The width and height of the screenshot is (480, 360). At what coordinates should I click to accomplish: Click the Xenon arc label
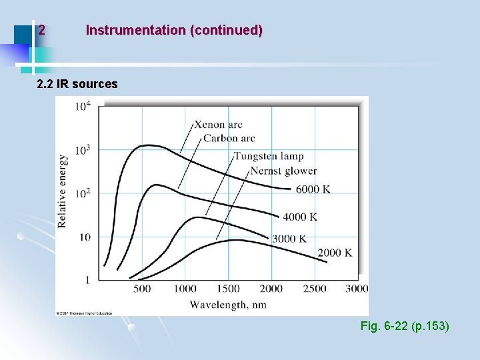pyautogui.click(x=219, y=125)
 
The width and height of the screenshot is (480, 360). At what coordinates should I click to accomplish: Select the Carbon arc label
pyautogui.click(x=229, y=139)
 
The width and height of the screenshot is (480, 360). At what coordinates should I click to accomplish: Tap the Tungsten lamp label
pyautogui.click(x=269, y=157)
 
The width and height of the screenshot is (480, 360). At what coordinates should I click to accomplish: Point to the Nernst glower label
pyautogui.click(x=283, y=171)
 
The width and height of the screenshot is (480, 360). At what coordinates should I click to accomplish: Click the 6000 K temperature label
pyautogui.click(x=313, y=189)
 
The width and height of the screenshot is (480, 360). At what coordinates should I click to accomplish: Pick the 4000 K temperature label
pyautogui.click(x=299, y=217)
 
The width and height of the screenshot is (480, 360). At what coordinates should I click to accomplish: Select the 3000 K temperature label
pyautogui.click(x=289, y=238)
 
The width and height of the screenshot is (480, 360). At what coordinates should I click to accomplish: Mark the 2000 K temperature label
pyautogui.click(x=334, y=253)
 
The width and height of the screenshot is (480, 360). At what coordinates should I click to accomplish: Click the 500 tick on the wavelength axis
pyautogui.click(x=142, y=289)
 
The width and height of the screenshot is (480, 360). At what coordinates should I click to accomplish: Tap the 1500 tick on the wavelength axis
pyautogui.click(x=228, y=289)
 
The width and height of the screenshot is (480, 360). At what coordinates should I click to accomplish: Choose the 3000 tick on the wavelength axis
pyautogui.click(x=357, y=289)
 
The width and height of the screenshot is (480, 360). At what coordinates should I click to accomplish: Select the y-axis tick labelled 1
pyautogui.click(x=87, y=280)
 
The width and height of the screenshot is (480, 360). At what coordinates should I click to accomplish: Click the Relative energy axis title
pyautogui.click(x=63, y=191)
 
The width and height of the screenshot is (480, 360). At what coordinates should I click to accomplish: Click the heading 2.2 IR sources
pyautogui.click(x=77, y=84)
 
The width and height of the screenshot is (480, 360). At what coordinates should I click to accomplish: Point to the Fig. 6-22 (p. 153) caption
pyautogui.click(x=404, y=327)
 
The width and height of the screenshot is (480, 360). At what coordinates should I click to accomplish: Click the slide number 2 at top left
pyautogui.click(x=41, y=30)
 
